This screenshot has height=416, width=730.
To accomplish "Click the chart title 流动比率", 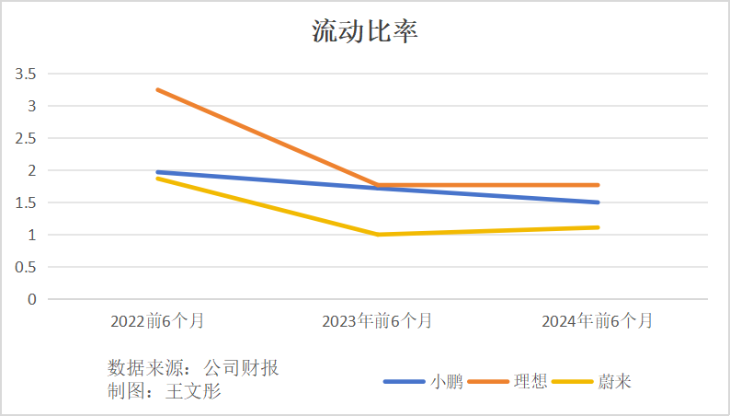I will click(x=365, y=32).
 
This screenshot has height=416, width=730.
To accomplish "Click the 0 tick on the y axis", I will click(x=31, y=299).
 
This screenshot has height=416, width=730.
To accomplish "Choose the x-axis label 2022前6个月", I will click(x=157, y=321).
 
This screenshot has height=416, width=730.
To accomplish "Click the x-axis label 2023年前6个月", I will click(x=377, y=321).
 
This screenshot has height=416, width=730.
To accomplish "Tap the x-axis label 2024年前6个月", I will click(x=598, y=321).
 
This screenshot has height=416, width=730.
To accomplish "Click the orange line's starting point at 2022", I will click(x=157, y=89).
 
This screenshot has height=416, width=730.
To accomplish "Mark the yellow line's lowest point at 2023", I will click(x=378, y=235).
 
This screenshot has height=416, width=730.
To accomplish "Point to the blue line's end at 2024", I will click(x=598, y=202).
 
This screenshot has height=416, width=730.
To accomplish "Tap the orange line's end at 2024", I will click(x=598, y=185).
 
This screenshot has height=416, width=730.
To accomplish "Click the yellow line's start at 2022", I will click(x=157, y=178).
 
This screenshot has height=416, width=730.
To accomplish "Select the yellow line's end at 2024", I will click(x=598, y=227).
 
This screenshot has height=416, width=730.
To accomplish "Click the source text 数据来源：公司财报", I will click(x=193, y=368).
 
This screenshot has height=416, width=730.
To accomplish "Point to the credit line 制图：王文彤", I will click(x=165, y=391).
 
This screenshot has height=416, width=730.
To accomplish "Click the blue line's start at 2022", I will click(x=157, y=171).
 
